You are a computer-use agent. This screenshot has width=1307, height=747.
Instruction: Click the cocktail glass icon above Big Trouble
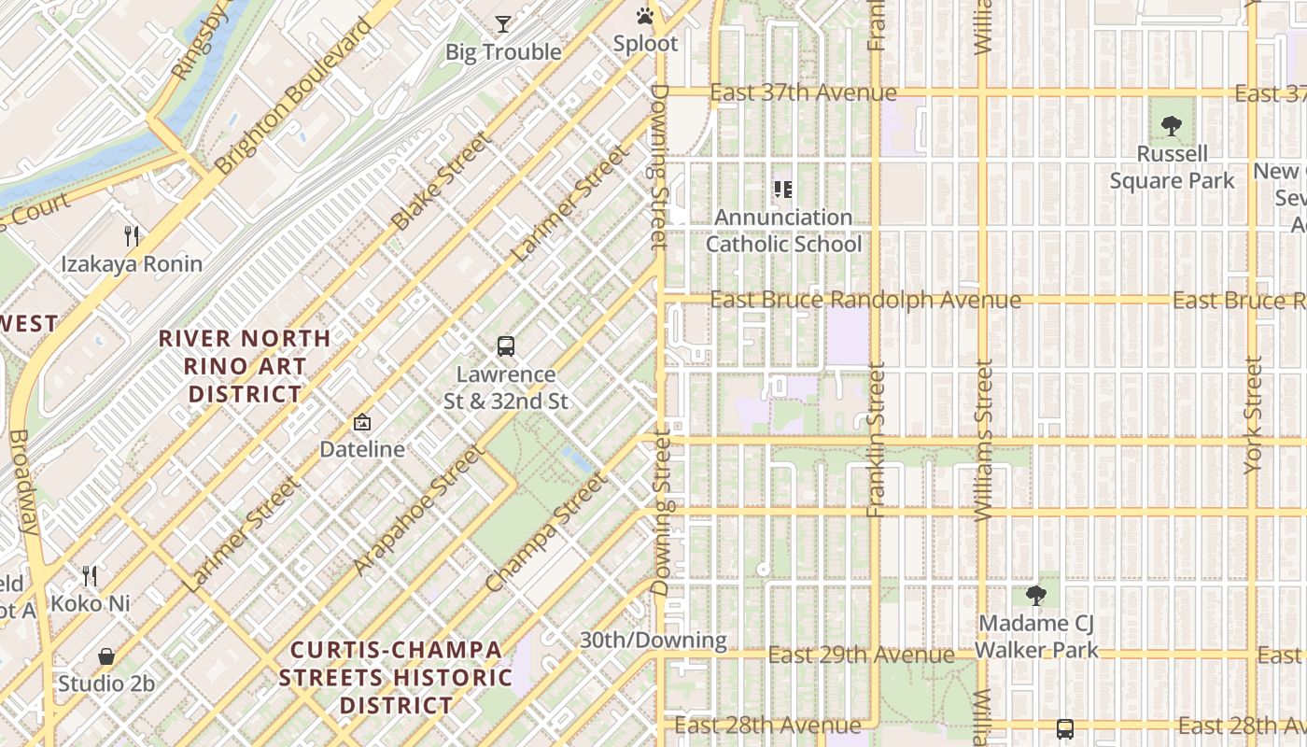[503, 24]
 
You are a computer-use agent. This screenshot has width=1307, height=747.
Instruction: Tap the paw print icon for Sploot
[645, 16]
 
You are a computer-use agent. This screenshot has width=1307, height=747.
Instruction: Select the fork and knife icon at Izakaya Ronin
[132, 236]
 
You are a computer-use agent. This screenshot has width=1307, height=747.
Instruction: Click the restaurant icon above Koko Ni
[90, 575]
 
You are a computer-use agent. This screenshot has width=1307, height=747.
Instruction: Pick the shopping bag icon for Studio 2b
[106, 656]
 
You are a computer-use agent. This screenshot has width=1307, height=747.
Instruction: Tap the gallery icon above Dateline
[362, 422]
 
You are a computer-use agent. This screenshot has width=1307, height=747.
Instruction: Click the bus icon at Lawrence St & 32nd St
[506, 346]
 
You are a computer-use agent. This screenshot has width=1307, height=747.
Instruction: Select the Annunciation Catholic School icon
[783, 190]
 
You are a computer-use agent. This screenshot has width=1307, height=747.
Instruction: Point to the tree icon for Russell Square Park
[1172, 126]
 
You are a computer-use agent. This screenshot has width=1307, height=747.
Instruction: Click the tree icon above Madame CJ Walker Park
[1036, 595]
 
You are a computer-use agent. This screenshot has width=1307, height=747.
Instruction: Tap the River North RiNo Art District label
[245, 366]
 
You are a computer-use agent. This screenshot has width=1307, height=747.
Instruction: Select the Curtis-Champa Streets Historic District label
[396, 677]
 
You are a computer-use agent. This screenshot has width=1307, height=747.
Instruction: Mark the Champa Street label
[546, 531]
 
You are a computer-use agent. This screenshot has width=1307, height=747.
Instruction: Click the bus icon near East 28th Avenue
[1064, 728]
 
